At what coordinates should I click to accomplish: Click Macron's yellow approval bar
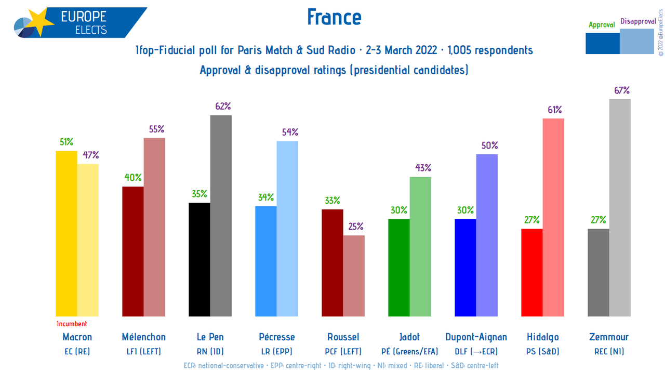point(66,234)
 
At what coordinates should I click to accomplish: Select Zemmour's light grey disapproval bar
point(620,208)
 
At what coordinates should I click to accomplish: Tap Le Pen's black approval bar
point(199,260)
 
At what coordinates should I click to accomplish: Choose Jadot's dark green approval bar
point(399,268)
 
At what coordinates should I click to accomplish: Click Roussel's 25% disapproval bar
point(354,276)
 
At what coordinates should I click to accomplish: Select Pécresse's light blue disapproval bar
point(287,229)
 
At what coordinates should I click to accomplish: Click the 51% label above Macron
point(66,142)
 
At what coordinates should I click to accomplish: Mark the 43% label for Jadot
point(422,168)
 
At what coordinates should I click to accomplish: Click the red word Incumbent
point(72,324)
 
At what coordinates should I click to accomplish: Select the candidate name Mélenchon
point(143,337)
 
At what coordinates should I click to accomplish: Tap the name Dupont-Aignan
point(476,337)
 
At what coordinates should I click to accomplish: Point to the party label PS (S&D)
point(542,351)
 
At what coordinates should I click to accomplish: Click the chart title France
point(334,17)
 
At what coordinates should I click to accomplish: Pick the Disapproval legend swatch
point(637,42)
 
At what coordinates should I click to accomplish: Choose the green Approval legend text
point(602,24)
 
